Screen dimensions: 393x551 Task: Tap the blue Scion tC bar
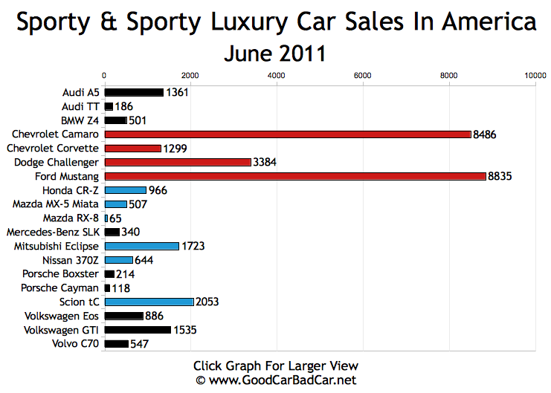click(x=149, y=302)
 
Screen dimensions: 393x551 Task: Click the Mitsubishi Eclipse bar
click(x=141, y=246)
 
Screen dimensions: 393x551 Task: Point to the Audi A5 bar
click(x=134, y=92)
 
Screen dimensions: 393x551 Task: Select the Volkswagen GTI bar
click(x=138, y=330)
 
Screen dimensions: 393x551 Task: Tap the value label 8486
click(x=485, y=134)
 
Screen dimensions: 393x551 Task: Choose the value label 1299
click(x=174, y=149)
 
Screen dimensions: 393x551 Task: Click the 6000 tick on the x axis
click(x=363, y=75)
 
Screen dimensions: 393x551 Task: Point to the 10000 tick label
click(x=535, y=75)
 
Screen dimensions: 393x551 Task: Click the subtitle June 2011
click(x=275, y=53)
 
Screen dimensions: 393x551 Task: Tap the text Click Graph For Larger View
click(x=275, y=366)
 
